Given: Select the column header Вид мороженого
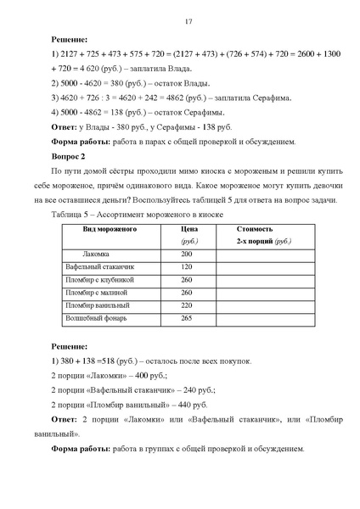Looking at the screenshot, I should click(110, 230).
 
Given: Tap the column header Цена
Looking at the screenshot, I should click(191, 230).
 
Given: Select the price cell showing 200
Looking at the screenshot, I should click(187, 254).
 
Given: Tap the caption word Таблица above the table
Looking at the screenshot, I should click(69, 214).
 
